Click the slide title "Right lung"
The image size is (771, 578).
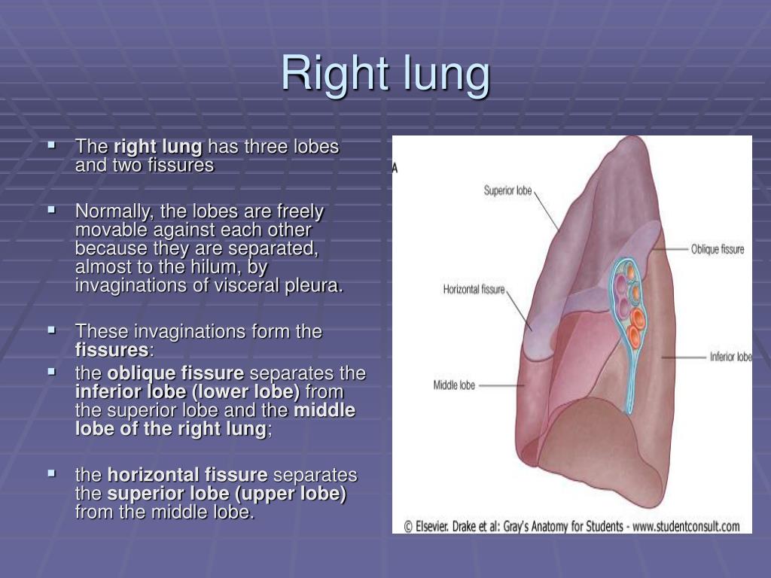tap(385, 74)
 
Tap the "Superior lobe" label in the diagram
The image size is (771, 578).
tap(507, 190)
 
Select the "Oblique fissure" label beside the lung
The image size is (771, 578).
tap(717, 248)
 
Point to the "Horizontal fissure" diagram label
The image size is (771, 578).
tap(474, 289)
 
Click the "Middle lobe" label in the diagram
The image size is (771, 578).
tap(454, 385)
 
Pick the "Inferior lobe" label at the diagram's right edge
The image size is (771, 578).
tap(730, 357)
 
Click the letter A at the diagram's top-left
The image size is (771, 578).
tap(395, 169)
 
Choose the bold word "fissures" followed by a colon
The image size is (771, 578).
tap(111, 350)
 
